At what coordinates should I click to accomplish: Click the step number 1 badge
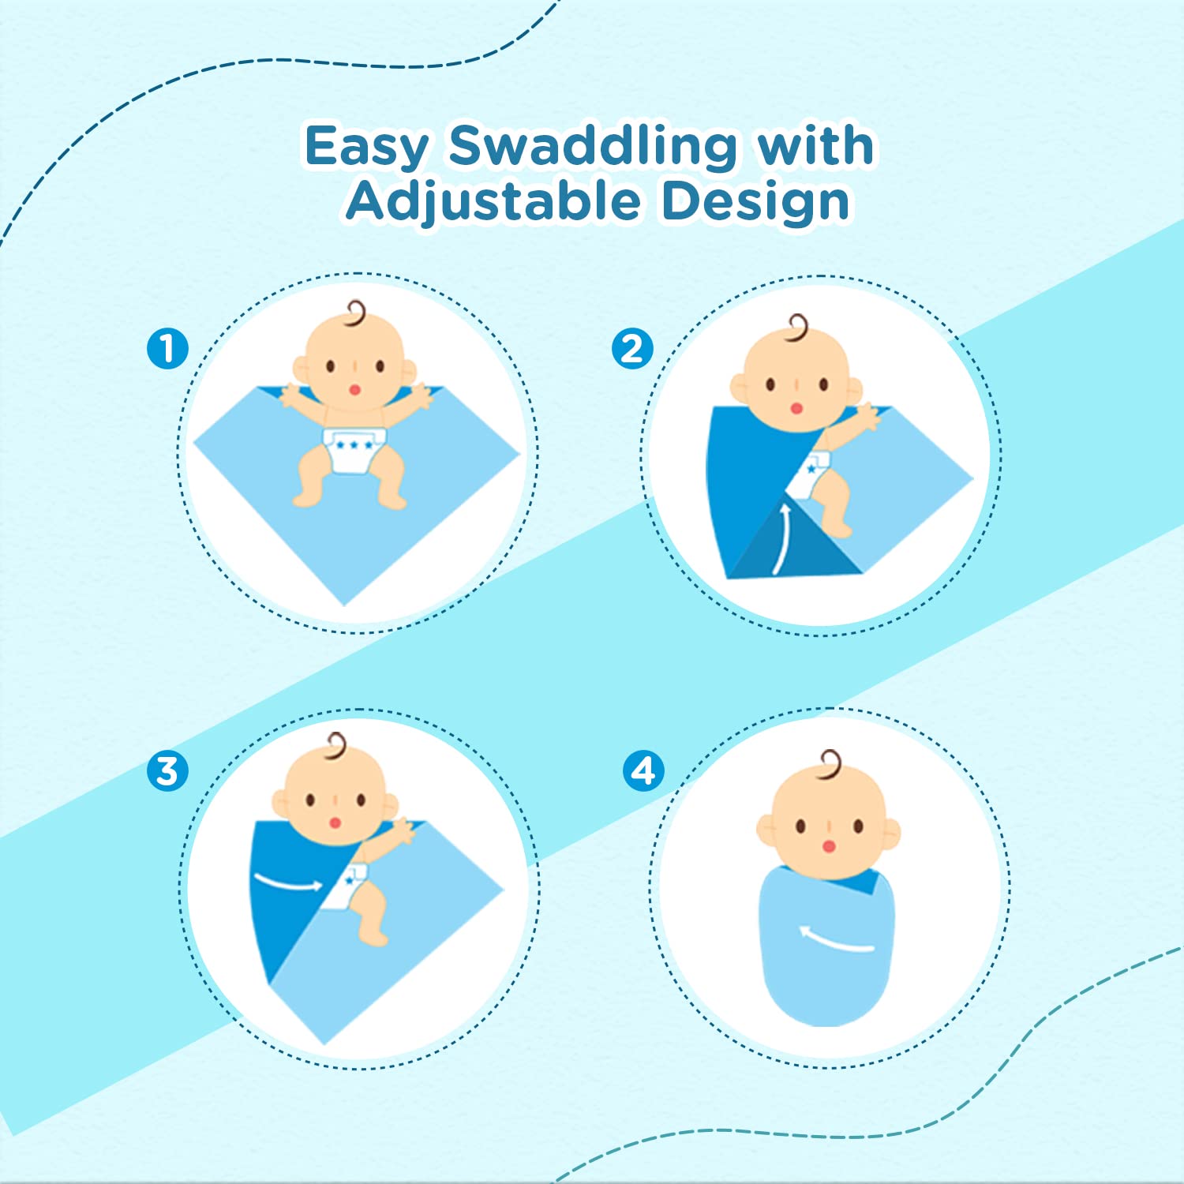click(167, 348)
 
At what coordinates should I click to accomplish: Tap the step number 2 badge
click(632, 349)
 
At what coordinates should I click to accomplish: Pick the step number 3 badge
click(167, 770)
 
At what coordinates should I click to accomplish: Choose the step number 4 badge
click(643, 770)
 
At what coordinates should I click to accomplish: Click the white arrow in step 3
click(288, 882)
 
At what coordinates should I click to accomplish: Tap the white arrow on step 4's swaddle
click(835, 939)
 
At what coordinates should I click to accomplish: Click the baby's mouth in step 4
click(828, 846)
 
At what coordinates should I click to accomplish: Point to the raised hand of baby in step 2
click(869, 416)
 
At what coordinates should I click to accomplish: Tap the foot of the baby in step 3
click(374, 936)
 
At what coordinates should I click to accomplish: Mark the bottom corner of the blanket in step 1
click(344, 605)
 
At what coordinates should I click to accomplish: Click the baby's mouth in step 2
click(796, 408)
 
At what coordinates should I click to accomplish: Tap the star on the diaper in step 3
click(349, 880)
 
